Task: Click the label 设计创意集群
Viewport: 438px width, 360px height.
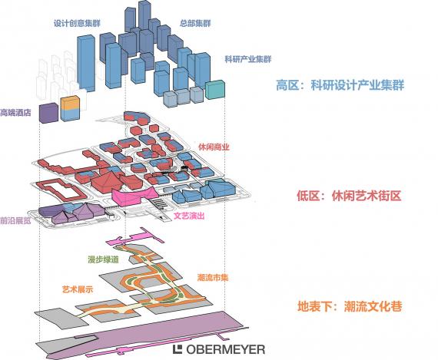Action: [77, 23]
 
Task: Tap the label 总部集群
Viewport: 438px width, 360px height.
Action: [195, 23]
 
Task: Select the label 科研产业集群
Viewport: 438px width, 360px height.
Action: [247, 59]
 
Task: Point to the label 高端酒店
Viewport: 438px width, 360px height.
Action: [15, 113]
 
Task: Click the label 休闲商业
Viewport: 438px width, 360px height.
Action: [214, 147]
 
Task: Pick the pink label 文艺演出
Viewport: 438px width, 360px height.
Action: [189, 216]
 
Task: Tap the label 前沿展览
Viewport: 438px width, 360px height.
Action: [15, 221]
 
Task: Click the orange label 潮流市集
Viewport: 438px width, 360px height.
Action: [213, 278]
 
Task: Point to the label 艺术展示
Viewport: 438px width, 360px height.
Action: [78, 289]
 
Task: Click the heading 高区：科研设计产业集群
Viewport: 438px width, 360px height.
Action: [340, 85]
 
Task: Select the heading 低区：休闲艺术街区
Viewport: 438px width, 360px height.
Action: [349, 196]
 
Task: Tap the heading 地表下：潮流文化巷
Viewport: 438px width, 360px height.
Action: [350, 306]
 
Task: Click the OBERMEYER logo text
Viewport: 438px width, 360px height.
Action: [225, 349]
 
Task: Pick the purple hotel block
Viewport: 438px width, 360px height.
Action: [48, 113]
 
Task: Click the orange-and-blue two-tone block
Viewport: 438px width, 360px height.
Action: [70, 108]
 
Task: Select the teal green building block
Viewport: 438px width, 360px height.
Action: [215, 90]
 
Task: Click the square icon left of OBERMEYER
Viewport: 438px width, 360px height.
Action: [178, 349]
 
